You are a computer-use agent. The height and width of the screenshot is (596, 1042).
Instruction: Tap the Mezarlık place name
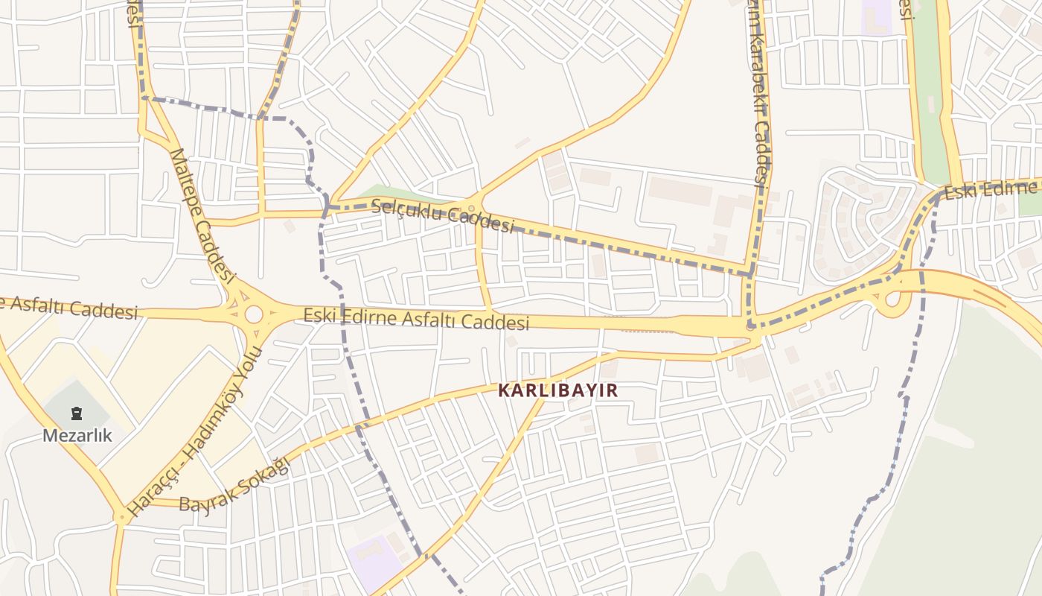coord(77,435)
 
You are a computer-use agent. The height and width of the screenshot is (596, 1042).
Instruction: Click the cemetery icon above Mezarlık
coord(77,413)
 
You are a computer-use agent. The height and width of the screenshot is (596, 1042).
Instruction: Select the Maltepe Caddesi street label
coord(202,216)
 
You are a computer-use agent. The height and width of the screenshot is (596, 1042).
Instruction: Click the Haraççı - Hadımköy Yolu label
coord(196,432)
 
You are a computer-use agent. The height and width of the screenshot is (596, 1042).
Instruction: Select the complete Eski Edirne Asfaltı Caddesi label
coord(416,319)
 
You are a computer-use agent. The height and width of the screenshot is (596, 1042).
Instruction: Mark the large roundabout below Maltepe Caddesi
coord(254,314)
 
